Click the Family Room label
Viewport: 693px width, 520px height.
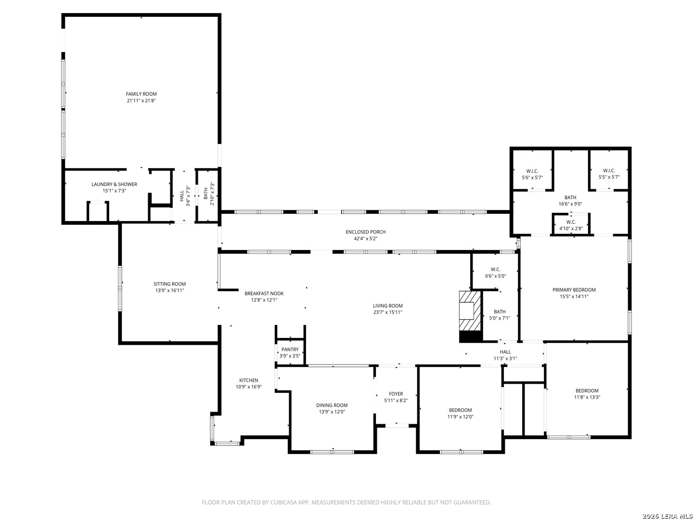141,94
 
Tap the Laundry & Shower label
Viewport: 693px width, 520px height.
114,184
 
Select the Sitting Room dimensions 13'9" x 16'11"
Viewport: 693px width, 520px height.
169,290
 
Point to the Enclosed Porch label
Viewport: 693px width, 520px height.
366,232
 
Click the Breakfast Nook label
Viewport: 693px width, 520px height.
264,294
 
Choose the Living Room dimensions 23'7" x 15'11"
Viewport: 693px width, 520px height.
388,312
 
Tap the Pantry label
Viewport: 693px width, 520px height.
290,350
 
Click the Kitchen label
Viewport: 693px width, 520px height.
249,380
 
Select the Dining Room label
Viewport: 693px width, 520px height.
332,405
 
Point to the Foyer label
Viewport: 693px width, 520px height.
396,394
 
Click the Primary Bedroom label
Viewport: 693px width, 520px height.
574,290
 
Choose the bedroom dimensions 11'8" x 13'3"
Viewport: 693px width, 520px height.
587,397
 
